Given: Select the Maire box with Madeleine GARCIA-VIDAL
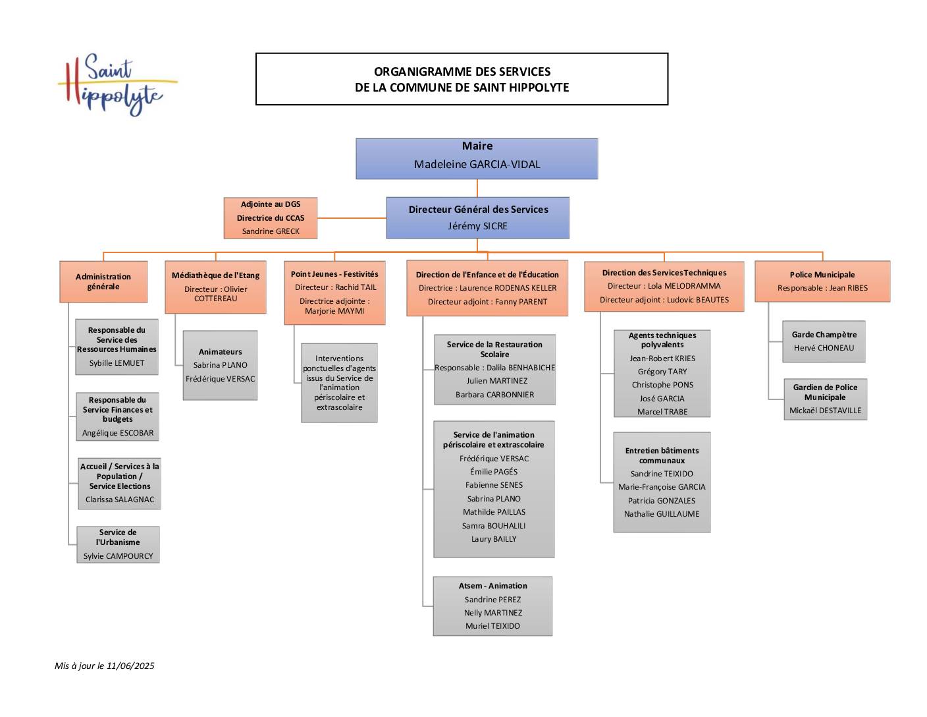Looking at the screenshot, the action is coord(477,158).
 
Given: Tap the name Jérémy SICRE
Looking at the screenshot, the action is coord(477,226).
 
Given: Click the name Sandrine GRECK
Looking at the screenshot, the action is coord(271,231).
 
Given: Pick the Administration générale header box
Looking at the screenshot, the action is coord(103,282).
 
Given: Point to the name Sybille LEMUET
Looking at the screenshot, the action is coord(117,363).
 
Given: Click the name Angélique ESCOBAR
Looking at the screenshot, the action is coord(118,432).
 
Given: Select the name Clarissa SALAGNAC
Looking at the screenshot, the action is coord(120,500).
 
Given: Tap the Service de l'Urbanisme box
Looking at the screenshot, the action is coord(118,544).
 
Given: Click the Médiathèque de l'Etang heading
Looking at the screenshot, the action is coord(215,275).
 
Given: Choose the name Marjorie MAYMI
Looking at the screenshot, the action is coord(334,311).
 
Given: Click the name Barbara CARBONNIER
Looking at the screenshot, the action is coord(494,395).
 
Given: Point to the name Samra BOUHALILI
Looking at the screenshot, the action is coord(494,526).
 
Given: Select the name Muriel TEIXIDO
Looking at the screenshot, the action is coord(492,625).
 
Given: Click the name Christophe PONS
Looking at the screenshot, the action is coord(662,385).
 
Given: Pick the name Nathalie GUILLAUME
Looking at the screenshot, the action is coord(662,514).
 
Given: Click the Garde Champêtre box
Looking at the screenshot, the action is coord(824,341).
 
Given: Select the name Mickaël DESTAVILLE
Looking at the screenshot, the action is coord(825,411).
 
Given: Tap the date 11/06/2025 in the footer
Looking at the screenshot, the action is coord(130,666).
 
